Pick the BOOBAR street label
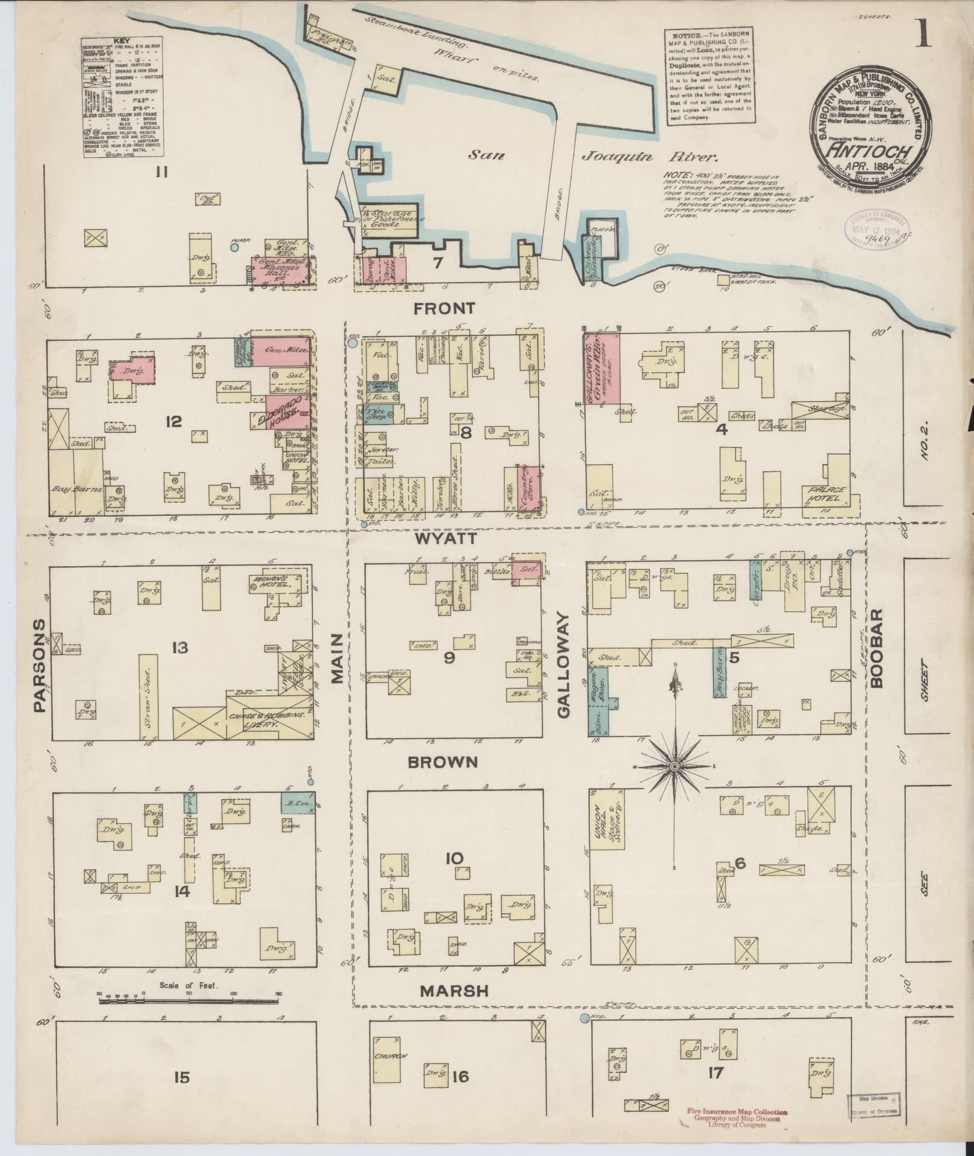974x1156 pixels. pos(877,648)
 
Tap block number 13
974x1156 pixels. pos(179,648)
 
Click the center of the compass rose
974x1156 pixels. pos(674,766)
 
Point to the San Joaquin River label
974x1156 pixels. pos(592,157)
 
